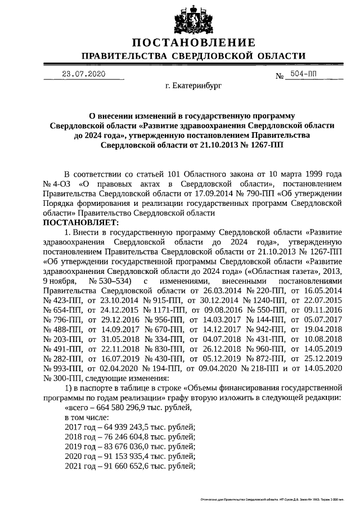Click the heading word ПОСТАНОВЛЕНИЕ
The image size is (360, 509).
[x=193, y=43]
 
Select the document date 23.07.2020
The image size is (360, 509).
[x=84, y=74]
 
